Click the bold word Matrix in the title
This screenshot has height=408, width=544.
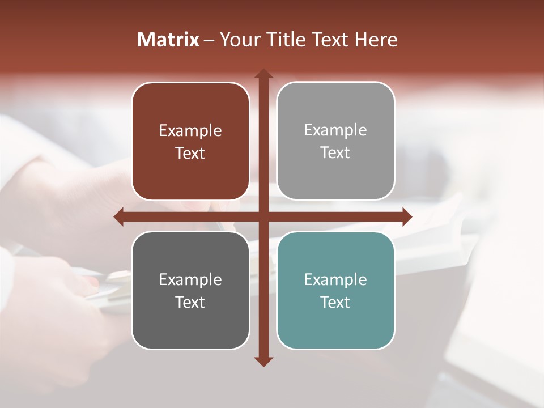(168, 40)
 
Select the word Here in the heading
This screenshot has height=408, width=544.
(376, 40)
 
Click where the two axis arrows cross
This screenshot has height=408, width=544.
(263, 216)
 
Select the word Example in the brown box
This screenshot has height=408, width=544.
(190, 131)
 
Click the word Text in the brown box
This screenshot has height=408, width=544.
(190, 154)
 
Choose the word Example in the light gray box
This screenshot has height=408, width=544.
(335, 130)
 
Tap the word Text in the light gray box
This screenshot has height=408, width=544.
(335, 153)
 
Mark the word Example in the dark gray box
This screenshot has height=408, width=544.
(190, 280)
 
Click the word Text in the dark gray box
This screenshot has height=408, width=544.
(190, 303)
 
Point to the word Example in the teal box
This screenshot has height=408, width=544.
(335, 280)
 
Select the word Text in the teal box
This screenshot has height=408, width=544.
(335, 303)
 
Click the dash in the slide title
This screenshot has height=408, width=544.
(209, 40)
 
